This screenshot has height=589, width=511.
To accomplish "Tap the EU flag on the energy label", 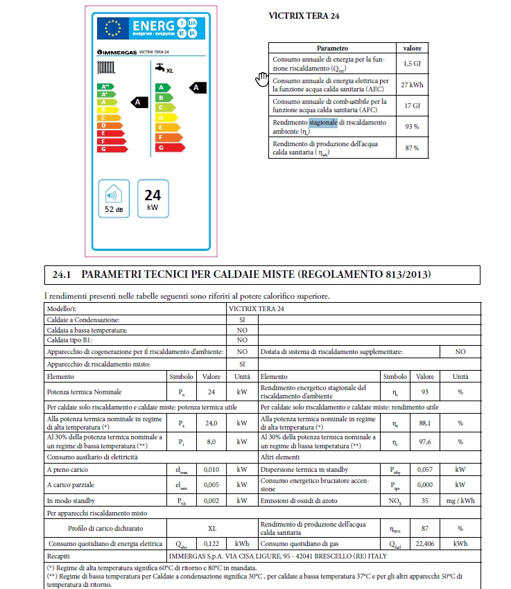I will (x=111, y=27).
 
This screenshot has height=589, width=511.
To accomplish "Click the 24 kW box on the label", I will (x=153, y=200).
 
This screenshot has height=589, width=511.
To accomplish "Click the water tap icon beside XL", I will (x=159, y=68).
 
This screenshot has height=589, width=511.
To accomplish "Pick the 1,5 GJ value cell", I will (x=412, y=64).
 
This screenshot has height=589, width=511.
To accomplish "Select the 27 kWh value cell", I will (x=412, y=85).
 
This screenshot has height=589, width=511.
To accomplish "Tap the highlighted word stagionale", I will (x=323, y=123).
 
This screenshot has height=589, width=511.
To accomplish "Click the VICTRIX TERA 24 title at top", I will (x=297, y=15).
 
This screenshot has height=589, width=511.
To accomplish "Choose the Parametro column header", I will (x=332, y=49).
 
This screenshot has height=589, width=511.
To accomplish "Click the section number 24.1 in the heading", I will (x=62, y=275).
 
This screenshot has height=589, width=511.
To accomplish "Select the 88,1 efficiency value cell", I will (x=424, y=423).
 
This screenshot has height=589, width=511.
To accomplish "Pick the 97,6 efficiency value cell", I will (x=424, y=442).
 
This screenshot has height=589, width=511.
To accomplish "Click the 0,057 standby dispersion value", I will (x=424, y=469).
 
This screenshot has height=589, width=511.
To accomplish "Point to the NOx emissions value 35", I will (x=424, y=500).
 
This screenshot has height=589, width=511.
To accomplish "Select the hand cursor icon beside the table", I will (x=261, y=79).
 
